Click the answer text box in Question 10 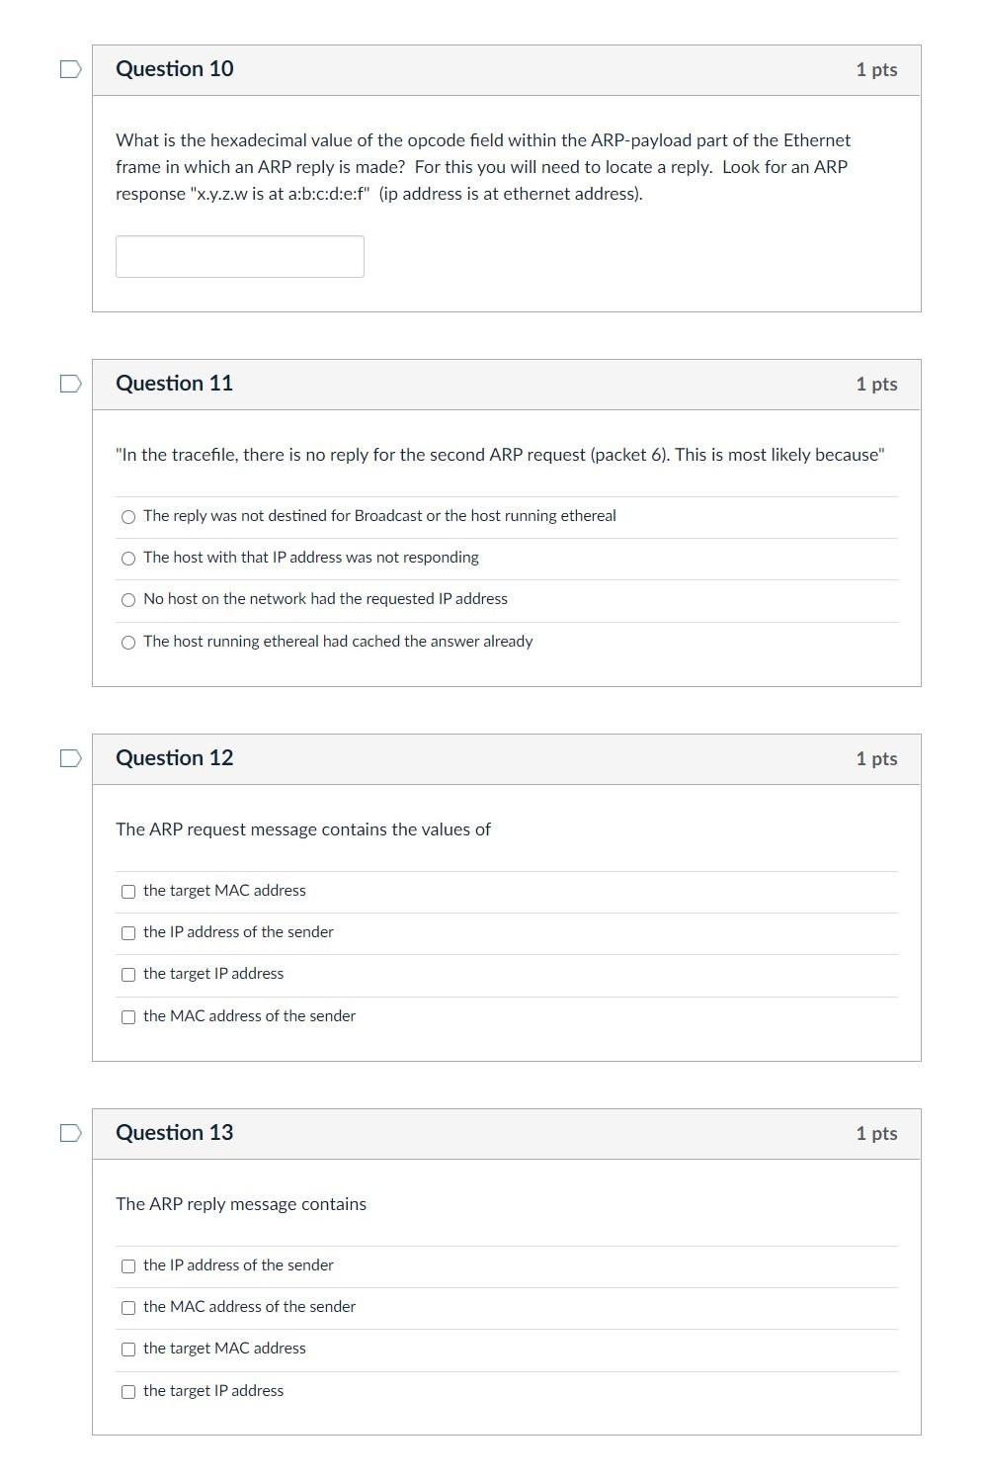[239, 256]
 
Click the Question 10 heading [175, 69]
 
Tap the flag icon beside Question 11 [70, 384]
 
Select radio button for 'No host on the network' [128, 600]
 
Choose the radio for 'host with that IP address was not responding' [128, 559]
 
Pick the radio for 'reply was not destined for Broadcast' [128, 517]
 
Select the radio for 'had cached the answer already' [128, 643]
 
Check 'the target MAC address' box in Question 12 [128, 892]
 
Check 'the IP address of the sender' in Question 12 [128, 933]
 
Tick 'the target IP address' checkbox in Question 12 [128, 975]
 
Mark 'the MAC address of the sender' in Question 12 [128, 1017]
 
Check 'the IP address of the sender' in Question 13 [128, 1266]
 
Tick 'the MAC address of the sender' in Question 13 [128, 1308]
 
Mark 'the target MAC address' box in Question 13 [128, 1350]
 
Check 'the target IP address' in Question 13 [128, 1392]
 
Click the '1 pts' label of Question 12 [876, 758]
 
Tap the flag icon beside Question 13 [70, 1133]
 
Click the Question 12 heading [175, 758]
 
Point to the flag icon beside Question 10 [70, 69]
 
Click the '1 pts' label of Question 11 [876, 384]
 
